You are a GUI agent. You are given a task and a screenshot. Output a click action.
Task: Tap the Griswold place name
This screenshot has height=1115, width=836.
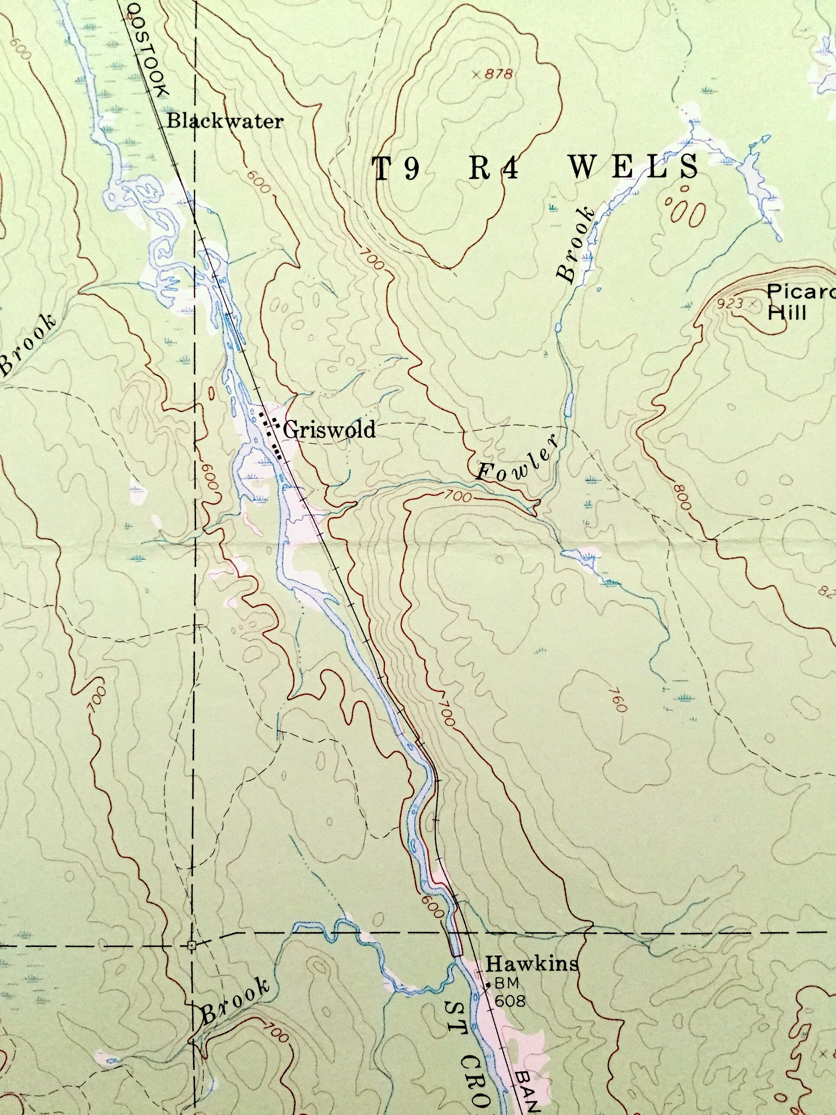click(329, 430)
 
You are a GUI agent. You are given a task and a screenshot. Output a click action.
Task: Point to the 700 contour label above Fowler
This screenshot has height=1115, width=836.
click(458, 497)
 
